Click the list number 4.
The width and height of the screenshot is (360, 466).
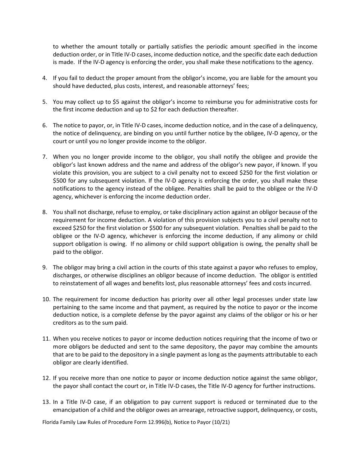click(44, 78)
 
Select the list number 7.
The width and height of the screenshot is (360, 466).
click(44, 157)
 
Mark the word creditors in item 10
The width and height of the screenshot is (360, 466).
click(65, 323)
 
